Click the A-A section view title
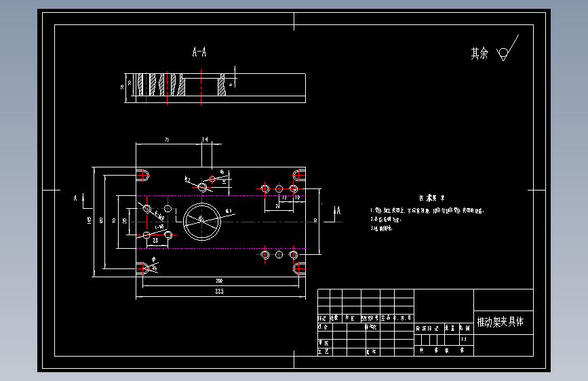[x=199, y=52]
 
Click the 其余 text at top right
[x=479, y=54]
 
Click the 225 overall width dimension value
[x=219, y=292]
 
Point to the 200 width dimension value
[x=219, y=280]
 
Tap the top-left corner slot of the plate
[x=143, y=175]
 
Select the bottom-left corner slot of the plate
[x=143, y=268]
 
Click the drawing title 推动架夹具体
[x=501, y=322]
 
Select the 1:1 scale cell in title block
[x=464, y=338]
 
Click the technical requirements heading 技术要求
[x=432, y=199]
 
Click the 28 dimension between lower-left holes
[x=155, y=239]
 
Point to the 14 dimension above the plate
[x=205, y=139]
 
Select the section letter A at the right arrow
[x=337, y=212]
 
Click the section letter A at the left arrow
[x=75, y=199]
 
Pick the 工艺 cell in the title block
[x=324, y=353]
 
